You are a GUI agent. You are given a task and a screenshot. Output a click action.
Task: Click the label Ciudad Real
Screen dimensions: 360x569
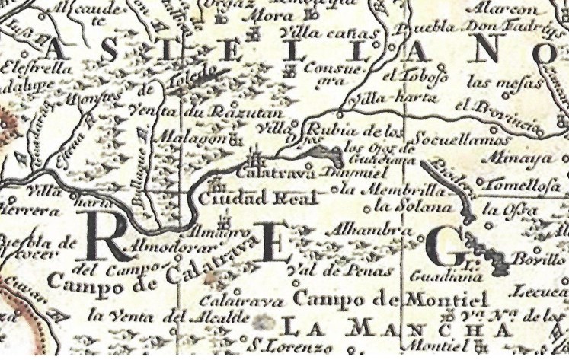click(x=242, y=198)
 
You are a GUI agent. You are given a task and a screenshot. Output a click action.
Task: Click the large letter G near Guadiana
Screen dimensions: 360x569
click(x=443, y=245)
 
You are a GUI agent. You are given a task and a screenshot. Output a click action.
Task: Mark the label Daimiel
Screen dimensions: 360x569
click(x=324, y=173)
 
